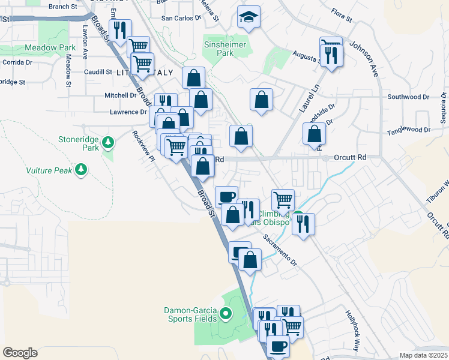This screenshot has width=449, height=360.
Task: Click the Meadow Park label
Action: [x=50, y=47]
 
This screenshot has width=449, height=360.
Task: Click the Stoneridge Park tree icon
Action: [x=108, y=142]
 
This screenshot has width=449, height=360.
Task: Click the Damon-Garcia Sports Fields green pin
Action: [x=226, y=313]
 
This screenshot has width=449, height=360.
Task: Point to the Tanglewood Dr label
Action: [x=409, y=130]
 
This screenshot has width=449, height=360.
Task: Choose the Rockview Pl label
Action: [x=144, y=146]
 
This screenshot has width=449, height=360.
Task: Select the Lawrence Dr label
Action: [x=128, y=112]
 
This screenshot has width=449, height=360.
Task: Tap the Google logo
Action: [x=20, y=353]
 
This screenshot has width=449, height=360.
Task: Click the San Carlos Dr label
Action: [x=181, y=18]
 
